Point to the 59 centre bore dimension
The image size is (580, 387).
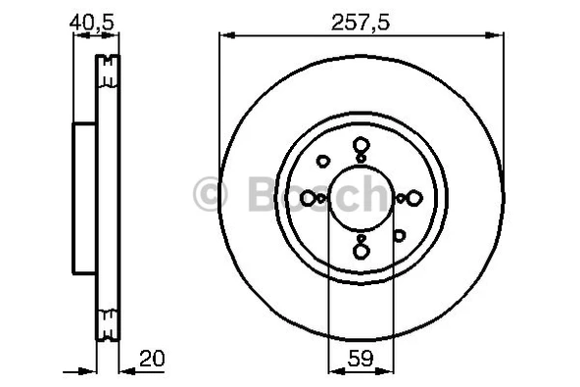362,360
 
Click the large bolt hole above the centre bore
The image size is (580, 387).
361,143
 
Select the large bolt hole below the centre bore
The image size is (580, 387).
361,251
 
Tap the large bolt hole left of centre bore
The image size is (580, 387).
308,198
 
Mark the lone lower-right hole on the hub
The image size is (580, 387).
399,234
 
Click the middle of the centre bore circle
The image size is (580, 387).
361,198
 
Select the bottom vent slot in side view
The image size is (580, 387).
107,319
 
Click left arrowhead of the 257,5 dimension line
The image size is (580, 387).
224,36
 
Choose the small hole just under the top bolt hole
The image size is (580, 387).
361,158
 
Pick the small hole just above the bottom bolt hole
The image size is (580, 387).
361,237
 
